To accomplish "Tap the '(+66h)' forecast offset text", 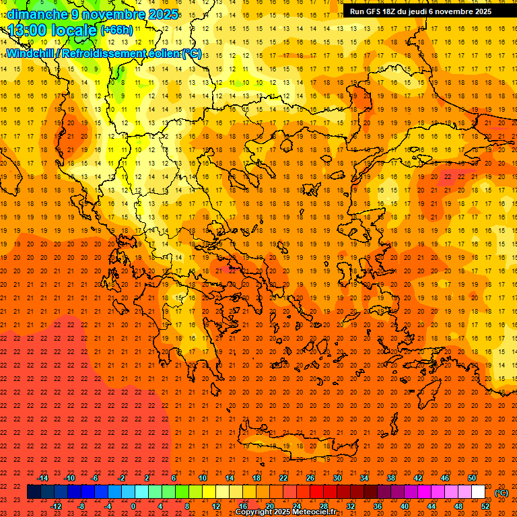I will click(x=116, y=30).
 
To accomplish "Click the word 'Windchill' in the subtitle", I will click(x=30, y=53).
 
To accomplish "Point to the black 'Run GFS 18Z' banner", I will click(x=421, y=11).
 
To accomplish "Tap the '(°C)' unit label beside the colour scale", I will click(x=501, y=492).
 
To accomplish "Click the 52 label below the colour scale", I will click(x=485, y=506).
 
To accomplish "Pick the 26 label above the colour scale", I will click(x=310, y=478).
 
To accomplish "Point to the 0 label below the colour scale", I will click(x=133, y=506).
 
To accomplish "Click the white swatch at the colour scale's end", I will click(x=478, y=492).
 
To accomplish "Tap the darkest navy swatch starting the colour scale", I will click(x=34, y=492).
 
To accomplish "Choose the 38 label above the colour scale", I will click(x=390, y=478).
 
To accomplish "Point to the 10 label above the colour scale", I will click(x=202, y=478).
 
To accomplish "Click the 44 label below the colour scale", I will click(x=432, y=506).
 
